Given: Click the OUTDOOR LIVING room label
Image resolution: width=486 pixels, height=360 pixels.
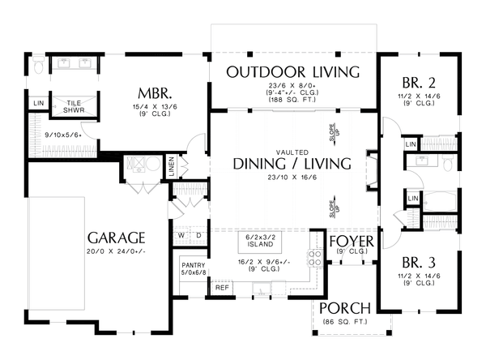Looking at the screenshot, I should tap(292, 72).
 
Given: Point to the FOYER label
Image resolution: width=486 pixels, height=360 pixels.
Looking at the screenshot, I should tap(350, 241).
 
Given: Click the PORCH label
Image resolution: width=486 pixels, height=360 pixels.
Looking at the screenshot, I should tap(345, 309).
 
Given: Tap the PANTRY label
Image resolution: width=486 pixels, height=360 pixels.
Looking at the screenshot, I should tap(194, 265).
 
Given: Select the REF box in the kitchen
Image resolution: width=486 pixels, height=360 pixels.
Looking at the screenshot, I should tap(220, 287).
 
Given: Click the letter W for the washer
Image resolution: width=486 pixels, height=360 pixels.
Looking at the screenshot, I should tap(182, 236).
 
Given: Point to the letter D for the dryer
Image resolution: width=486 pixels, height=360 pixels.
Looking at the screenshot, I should tap(198, 236).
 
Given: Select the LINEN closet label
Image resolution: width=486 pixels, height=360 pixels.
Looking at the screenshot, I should tap(172, 165).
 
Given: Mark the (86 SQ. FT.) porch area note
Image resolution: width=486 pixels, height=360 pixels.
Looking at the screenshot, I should tap(345, 324).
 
